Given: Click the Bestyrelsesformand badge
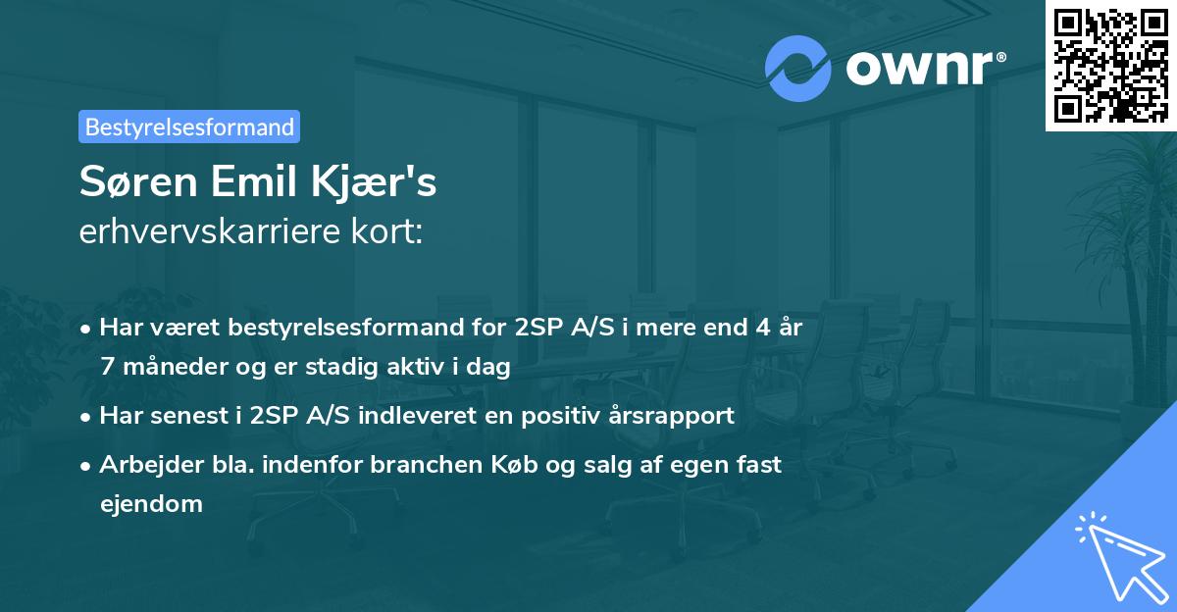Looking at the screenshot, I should pyautogui.click(x=189, y=127).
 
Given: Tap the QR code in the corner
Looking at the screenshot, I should pyautogui.click(x=1110, y=66).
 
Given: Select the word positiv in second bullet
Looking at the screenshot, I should pyautogui.click(x=561, y=415).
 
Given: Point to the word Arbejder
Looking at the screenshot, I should pyautogui.click(x=146, y=464).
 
